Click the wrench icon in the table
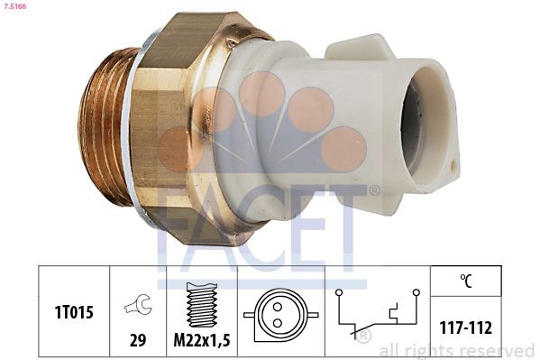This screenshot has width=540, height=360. tap(139, 306)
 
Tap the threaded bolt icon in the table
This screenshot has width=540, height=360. tap(201, 305)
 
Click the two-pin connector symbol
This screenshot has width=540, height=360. tap(283, 313)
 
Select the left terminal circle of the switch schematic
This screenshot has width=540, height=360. tap(338, 292)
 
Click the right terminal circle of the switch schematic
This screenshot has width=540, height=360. tap(416, 292)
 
